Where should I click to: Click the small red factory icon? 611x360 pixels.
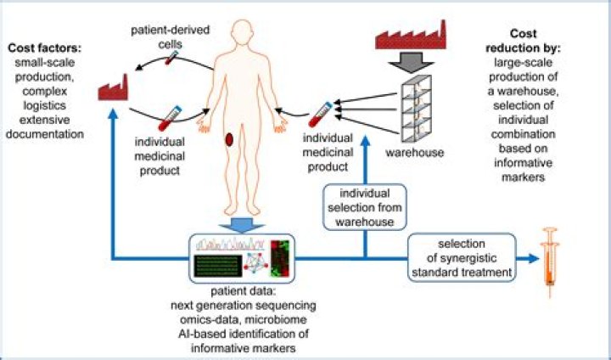coord(113,88)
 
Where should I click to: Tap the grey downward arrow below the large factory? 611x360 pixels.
coord(411,62)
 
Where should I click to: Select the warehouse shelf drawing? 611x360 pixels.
coord(416,109)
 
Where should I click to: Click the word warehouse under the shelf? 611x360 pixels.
coord(415,152)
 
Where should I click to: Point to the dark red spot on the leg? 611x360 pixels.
coord(229,139)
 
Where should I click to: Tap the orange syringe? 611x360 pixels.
coord(549,262)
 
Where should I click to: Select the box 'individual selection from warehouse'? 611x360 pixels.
coord(365,207)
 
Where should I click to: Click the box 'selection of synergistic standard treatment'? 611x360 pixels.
coord(462,257)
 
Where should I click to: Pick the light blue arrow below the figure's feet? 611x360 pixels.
coord(241,224)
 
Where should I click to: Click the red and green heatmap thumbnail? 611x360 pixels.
coord(280,258)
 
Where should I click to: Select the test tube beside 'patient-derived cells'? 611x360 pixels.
coord(171,58)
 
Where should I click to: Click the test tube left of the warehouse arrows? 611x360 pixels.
coord(320,115)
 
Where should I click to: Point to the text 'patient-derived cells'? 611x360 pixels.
coord(170,37)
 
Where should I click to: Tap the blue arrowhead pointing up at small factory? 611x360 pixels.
coord(113,113)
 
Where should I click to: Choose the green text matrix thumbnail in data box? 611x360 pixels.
coord(216,266)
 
